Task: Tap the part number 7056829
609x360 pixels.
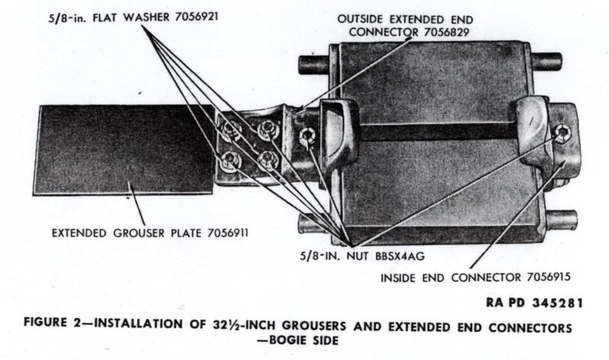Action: click(x=447, y=32)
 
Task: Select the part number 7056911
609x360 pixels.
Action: click(x=228, y=233)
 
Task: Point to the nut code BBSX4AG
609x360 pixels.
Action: click(x=400, y=256)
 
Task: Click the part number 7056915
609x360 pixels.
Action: click(x=548, y=277)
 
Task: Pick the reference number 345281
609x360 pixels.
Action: click(x=557, y=303)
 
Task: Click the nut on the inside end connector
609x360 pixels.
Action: click(x=562, y=134)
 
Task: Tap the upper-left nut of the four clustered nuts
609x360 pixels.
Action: click(x=231, y=129)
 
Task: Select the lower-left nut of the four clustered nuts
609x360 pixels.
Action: click(x=229, y=160)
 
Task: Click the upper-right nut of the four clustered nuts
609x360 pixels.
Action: click(x=268, y=128)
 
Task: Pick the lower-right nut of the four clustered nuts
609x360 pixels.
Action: click(x=268, y=158)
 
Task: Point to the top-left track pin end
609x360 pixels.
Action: click(x=314, y=65)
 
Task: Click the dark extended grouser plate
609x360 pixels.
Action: click(x=124, y=149)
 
